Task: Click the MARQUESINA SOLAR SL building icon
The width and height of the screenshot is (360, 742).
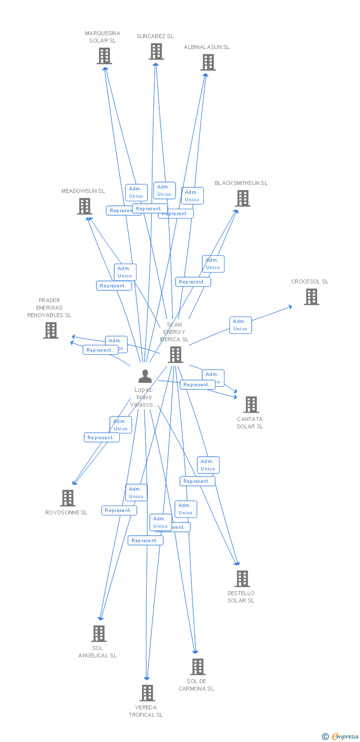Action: [x=104, y=56]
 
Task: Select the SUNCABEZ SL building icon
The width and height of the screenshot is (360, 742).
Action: [x=156, y=51]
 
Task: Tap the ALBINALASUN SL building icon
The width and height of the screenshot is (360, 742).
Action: [x=208, y=62]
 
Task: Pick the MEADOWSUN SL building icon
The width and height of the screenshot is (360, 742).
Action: [x=85, y=206]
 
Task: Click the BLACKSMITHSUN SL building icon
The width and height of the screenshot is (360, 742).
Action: [x=243, y=198]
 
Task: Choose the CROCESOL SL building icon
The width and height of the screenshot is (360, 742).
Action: [x=311, y=297]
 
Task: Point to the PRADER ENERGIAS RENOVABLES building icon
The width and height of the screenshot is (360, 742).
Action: [x=51, y=330]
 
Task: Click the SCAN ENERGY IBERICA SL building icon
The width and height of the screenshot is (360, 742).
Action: [x=176, y=355]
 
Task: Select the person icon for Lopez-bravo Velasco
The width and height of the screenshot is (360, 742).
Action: [x=145, y=376]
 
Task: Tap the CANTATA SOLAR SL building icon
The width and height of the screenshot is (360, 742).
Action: [x=251, y=405]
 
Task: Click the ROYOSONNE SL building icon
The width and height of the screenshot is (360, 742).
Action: [x=68, y=498]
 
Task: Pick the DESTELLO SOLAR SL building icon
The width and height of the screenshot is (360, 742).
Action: [x=242, y=579]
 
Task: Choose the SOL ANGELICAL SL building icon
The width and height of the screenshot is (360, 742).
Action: [x=99, y=634]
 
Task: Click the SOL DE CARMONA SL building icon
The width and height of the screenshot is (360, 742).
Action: [x=198, y=667]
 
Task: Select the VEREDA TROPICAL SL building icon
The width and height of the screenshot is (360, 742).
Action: [x=147, y=693]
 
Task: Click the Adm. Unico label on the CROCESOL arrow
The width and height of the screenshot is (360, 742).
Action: [x=240, y=325]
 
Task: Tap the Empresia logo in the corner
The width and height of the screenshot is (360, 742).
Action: [x=341, y=737]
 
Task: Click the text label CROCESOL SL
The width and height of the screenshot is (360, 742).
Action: [x=310, y=281]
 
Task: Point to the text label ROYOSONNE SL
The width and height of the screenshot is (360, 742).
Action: [x=66, y=512]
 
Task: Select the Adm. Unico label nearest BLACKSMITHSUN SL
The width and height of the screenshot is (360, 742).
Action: [x=213, y=264]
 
